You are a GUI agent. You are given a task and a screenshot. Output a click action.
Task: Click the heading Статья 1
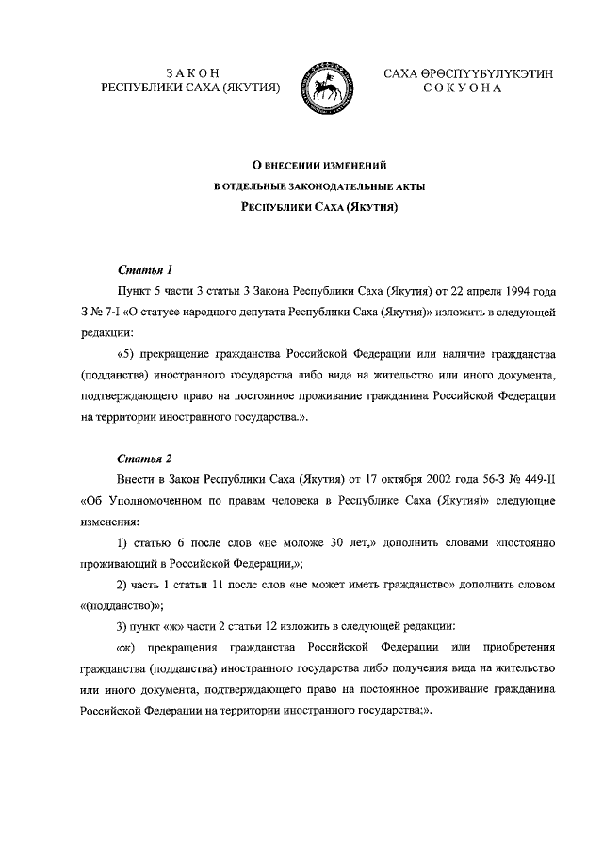144,268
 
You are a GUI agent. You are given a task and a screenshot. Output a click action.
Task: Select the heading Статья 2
144,458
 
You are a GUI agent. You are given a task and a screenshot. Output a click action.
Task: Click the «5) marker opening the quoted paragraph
125,353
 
